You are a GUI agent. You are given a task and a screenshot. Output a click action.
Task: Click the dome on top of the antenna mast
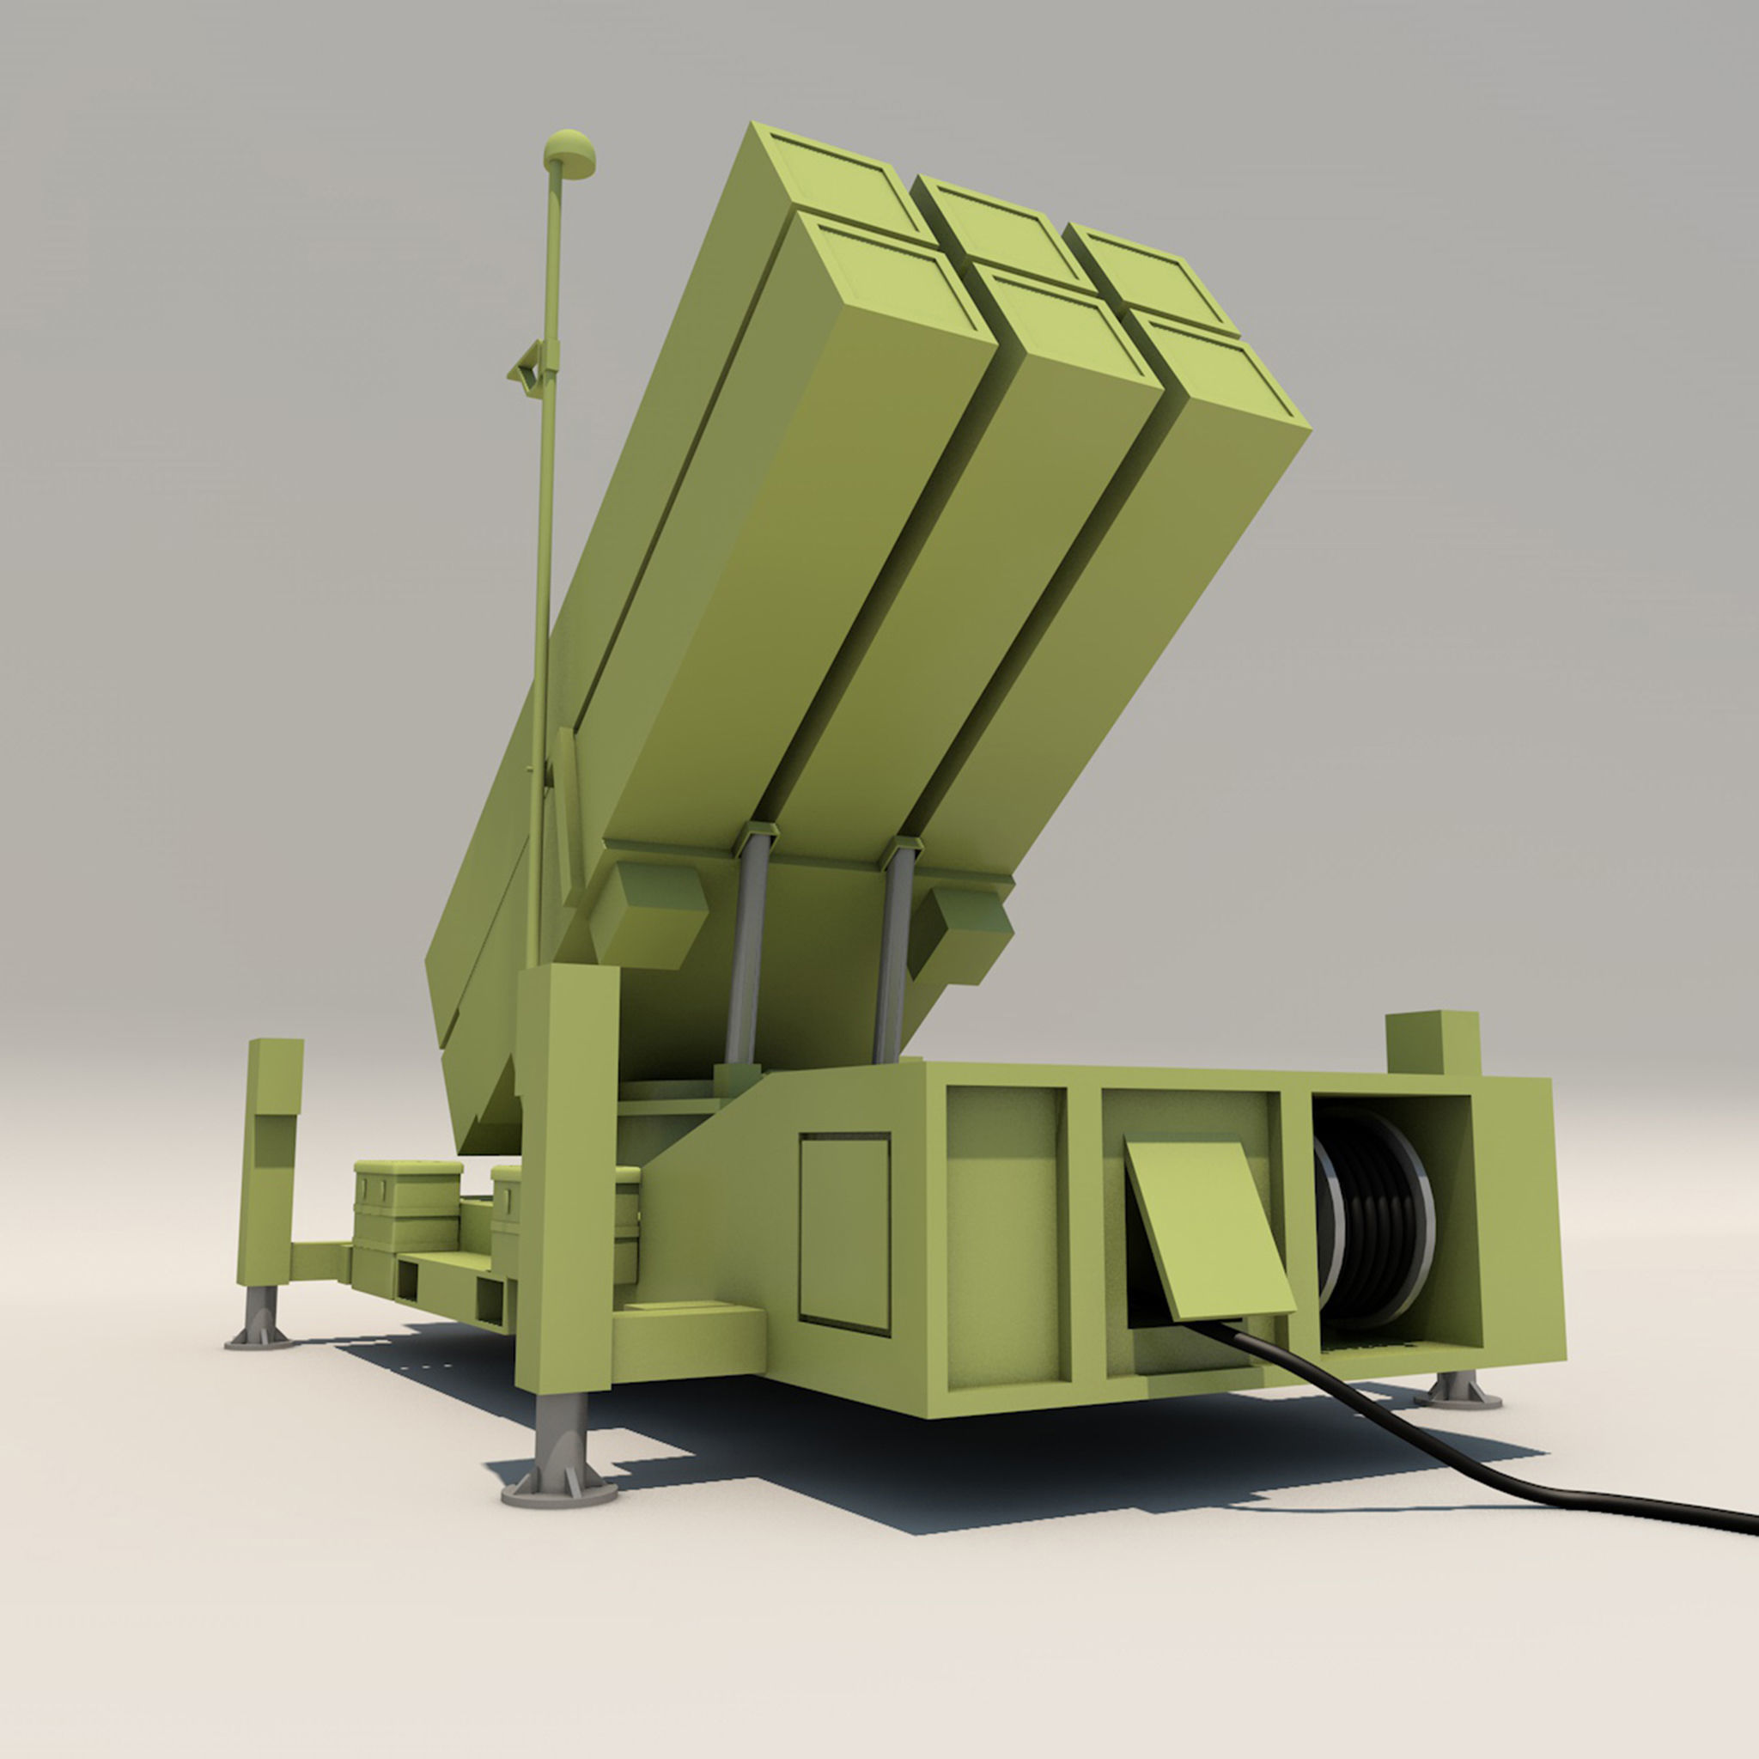coord(570,153)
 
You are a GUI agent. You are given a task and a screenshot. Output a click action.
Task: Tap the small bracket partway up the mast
coord(528,368)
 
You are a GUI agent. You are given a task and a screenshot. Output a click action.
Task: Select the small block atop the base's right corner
coord(1432,1043)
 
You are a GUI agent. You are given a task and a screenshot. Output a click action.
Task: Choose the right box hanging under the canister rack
coord(960,934)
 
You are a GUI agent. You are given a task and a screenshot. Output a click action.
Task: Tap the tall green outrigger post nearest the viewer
coord(565,1184)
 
